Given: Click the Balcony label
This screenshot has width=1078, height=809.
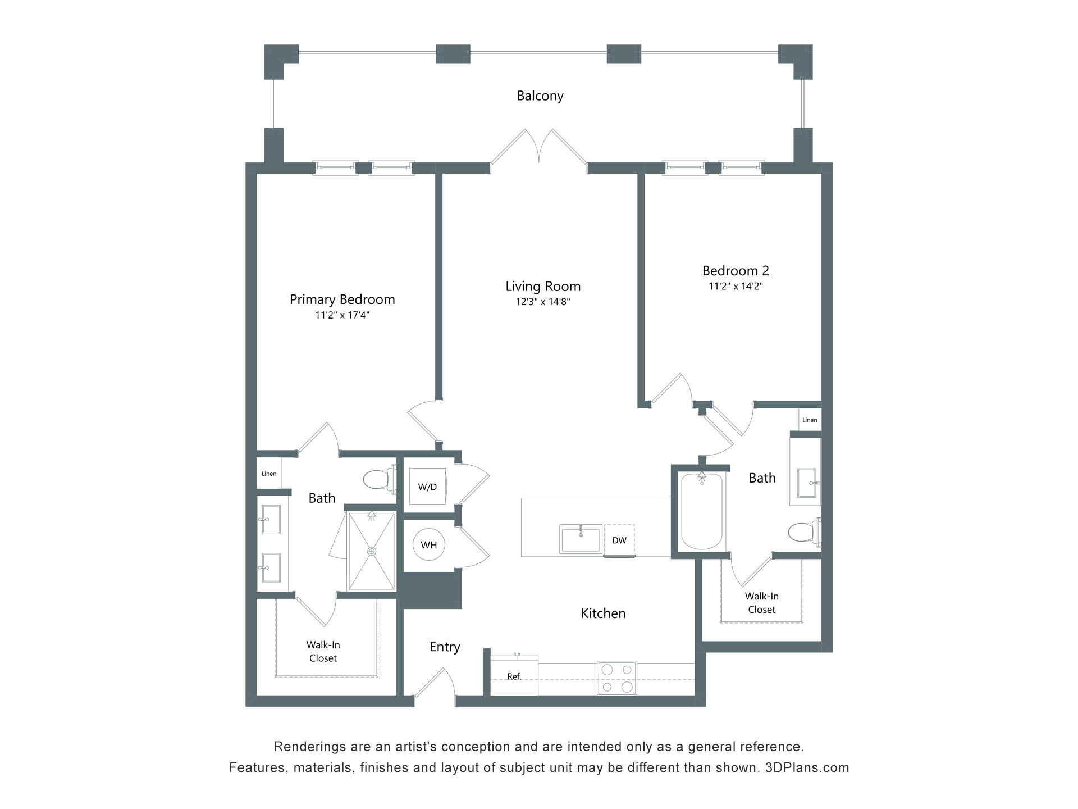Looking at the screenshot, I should click(x=540, y=96).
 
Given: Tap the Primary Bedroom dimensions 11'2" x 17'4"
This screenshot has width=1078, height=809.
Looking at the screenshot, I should click(x=342, y=315).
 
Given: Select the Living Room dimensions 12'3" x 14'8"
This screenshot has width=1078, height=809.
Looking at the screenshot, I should click(x=543, y=302).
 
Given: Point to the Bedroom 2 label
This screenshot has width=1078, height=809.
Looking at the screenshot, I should click(x=736, y=271).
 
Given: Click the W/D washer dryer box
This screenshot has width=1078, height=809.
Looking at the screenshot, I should click(x=427, y=487).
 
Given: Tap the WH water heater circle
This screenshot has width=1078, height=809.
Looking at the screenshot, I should click(x=429, y=544).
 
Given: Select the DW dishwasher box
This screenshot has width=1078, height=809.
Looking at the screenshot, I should click(x=619, y=540).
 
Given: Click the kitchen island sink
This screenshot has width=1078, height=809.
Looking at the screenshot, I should click(x=581, y=539).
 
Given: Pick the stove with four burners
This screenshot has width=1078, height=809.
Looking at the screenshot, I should click(x=616, y=678).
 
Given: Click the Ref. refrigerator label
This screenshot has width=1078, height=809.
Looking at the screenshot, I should click(x=514, y=676).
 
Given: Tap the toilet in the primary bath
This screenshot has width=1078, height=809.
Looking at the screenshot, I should click(x=377, y=479).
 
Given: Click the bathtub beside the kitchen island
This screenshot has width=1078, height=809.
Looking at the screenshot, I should click(x=702, y=512).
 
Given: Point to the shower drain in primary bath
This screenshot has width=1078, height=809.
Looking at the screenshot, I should click(x=372, y=552).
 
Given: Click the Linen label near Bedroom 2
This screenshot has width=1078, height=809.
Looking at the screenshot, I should click(x=810, y=420).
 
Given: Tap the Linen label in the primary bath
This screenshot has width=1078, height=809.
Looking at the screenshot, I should click(x=269, y=474).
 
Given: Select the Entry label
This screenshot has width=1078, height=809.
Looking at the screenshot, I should click(x=445, y=647).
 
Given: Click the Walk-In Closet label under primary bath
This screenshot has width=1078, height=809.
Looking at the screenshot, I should click(x=323, y=651).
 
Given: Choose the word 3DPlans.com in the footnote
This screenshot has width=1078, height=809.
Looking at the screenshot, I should click(x=807, y=767).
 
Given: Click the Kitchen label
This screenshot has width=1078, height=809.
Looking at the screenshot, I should click(x=603, y=613).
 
